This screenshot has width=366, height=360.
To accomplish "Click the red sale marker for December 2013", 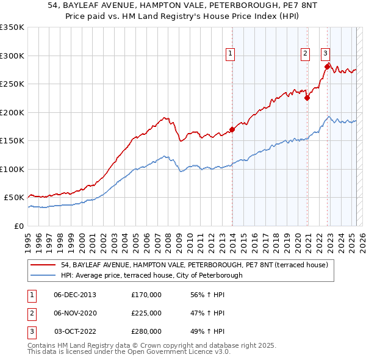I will point(232,129).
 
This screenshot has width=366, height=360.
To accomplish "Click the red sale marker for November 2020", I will point(307,98).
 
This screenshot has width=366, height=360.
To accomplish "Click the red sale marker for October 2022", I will point(328,67).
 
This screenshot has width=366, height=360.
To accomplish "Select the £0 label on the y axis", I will point(19,226).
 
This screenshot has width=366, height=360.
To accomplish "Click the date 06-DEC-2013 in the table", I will point(75,295).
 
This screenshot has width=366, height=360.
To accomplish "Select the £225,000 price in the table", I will point(146,313).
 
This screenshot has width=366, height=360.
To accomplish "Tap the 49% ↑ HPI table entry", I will point(207,331).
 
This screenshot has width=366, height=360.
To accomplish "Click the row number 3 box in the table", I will point(31,331).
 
